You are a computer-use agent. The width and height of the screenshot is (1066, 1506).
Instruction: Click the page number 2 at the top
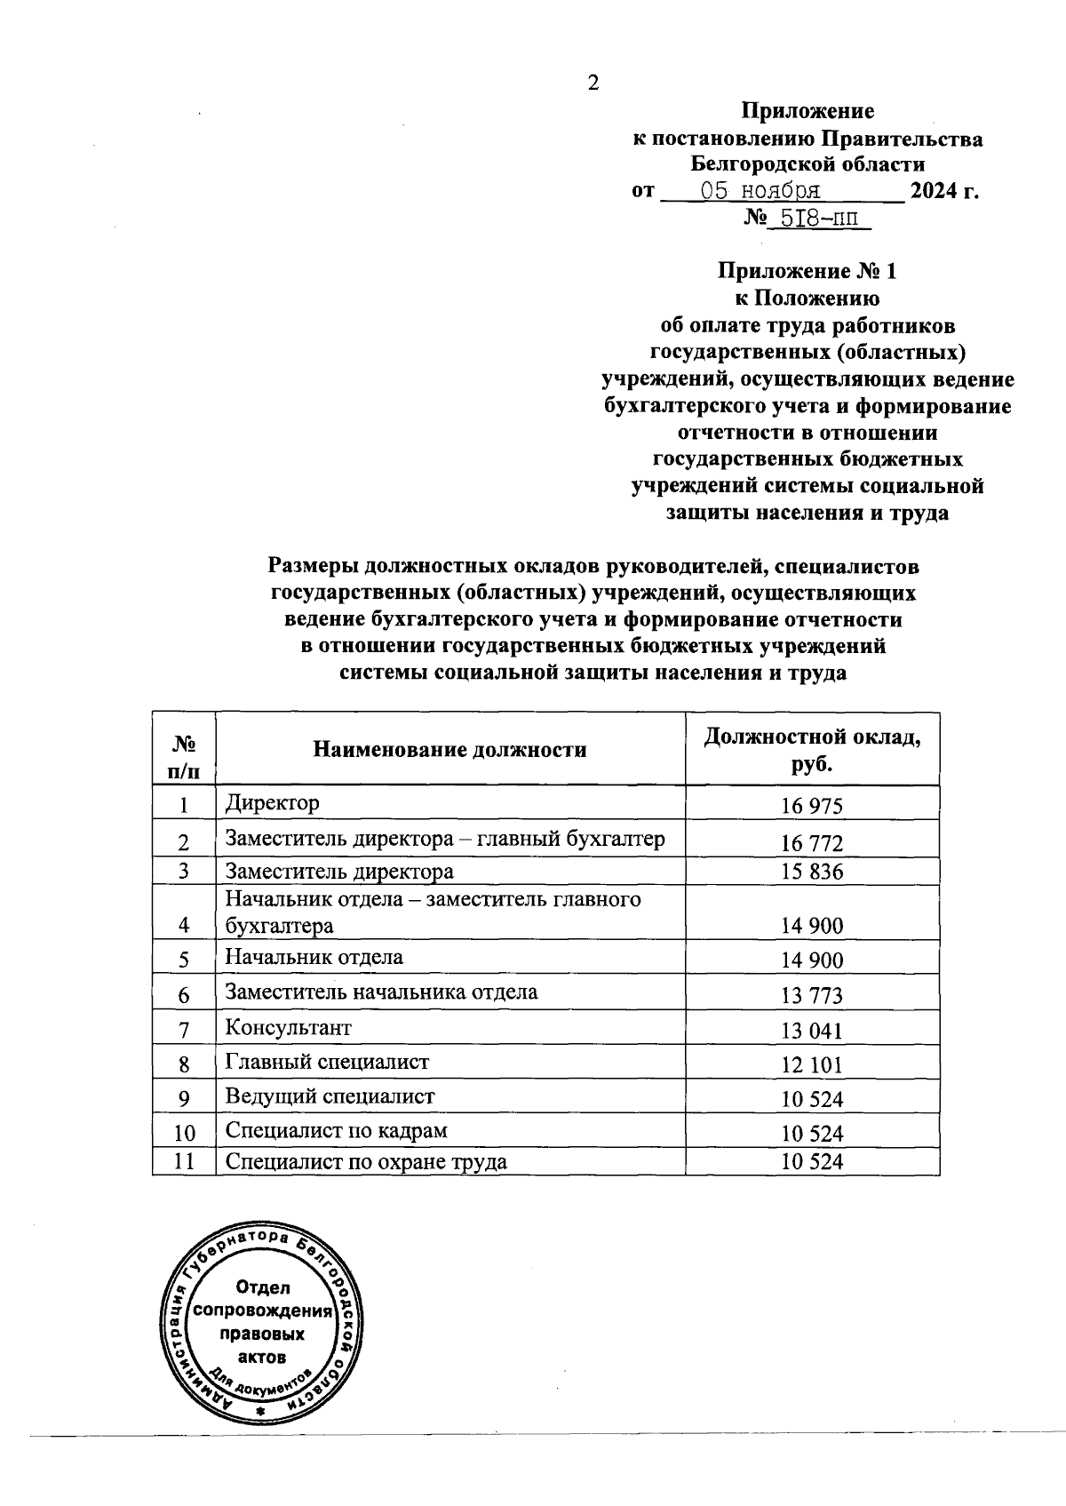pos(593,84)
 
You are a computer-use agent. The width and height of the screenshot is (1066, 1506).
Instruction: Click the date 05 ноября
pos(760,191)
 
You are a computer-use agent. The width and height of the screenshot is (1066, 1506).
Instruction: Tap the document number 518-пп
pos(819,218)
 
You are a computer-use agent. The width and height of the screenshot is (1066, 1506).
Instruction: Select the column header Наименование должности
pos(449,750)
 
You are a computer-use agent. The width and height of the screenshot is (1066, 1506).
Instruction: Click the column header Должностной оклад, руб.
pos(811,750)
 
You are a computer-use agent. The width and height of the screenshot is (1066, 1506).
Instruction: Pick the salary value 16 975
pos(811,807)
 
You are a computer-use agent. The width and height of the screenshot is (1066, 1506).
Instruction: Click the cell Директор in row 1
pos(272,803)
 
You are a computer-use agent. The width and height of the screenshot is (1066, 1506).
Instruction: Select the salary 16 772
pos(811,843)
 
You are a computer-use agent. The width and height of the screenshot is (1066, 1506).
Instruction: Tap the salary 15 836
pos(811,872)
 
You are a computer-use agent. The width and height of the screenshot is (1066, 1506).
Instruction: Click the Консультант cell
pos(288,1028)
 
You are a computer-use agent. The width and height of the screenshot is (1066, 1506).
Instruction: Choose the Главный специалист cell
pos(327,1062)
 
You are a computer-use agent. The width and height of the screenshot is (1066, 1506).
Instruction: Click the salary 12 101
pos(811,1065)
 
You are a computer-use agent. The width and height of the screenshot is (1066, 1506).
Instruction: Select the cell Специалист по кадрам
pos(336,1131)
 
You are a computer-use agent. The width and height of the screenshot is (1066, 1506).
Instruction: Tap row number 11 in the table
pos(184,1162)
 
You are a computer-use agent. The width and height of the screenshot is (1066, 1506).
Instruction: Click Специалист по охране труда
pos(366,1162)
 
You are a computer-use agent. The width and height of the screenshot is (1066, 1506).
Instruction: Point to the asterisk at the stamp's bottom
pos(260,1411)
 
